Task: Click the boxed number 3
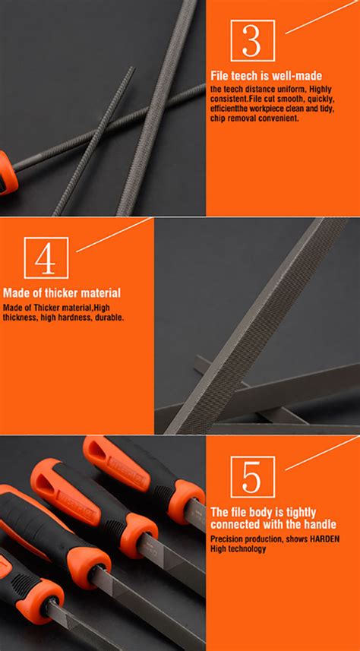[x=252, y=41]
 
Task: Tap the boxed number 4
[x=46, y=258]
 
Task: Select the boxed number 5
[x=252, y=476]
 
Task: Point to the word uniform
[x=290, y=90]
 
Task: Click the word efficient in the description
[x=224, y=109]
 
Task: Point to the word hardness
[x=78, y=318]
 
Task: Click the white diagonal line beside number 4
[x=114, y=235]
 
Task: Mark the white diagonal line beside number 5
[x=323, y=453]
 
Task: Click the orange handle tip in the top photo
[x=8, y=173]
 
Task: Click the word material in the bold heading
[x=100, y=293]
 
